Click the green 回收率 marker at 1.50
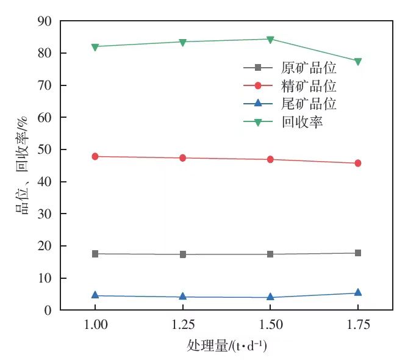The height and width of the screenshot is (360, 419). tap(270, 40)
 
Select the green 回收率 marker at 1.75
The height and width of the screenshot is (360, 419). tap(358, 62)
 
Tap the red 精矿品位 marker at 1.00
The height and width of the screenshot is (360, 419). tap(95, 157)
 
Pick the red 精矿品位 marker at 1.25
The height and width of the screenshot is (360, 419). tap(182, 158)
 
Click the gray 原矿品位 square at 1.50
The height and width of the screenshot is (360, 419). tap(270, 254)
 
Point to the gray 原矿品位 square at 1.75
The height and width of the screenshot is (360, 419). tap(358, 253)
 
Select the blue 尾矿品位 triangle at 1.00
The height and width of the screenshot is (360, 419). tap(95, 295)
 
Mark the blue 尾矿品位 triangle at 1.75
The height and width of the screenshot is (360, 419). tap(358, 293)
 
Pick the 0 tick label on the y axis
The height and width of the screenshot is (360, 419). tap(48, 311)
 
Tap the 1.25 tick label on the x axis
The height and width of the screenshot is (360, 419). tap(182, 324)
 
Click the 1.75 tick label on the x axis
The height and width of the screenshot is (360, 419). tap(358, 324)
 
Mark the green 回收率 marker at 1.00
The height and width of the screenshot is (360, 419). tap(95, 47)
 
